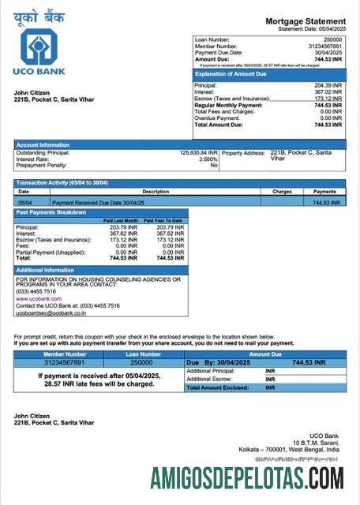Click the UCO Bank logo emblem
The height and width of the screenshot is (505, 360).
[39, 47]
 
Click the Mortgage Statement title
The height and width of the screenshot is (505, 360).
[305, 21]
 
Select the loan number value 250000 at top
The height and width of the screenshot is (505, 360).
[332, 39]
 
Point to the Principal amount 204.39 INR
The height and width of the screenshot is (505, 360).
[328, 85]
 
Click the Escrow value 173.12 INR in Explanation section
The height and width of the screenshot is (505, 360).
[328, 99]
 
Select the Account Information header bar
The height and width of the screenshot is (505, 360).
[179, 144]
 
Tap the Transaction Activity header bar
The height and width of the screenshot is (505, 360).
[179, 183]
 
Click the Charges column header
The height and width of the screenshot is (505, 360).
[282, 192]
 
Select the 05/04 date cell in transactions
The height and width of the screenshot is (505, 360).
[24, 203]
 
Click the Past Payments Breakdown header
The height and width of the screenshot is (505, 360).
[101, 212]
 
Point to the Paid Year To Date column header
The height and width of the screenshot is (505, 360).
[165, 220]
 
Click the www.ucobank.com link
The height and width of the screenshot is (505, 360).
[39, 298]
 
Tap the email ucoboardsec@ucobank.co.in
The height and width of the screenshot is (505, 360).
[51, 312]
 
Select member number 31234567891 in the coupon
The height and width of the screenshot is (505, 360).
[65, 362]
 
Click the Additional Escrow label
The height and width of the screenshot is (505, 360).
[209, 379]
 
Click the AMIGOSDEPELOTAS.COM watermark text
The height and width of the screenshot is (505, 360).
[247, 478]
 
